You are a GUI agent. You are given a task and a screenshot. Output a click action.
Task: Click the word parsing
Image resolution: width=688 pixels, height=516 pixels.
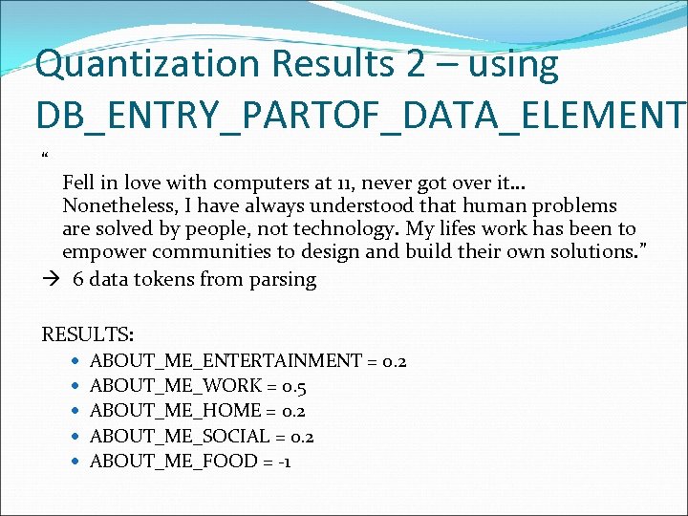(282, 280)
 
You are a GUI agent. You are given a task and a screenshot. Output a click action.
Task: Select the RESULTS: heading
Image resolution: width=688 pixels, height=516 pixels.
(88, 334)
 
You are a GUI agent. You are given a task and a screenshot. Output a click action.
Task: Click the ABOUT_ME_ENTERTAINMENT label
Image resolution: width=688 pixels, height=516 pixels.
(226, 361)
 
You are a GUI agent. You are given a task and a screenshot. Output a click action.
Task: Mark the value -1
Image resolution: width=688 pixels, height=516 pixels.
(283, 462)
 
